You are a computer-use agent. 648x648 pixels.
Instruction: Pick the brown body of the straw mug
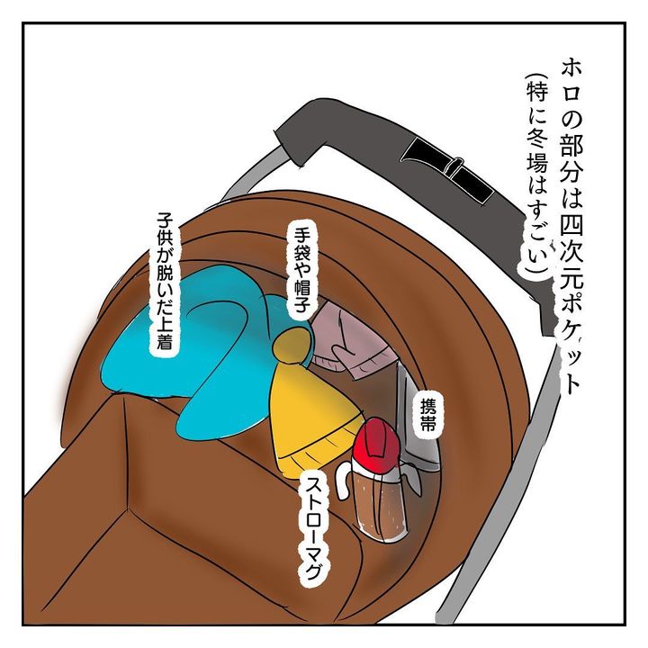tap(378, 508)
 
